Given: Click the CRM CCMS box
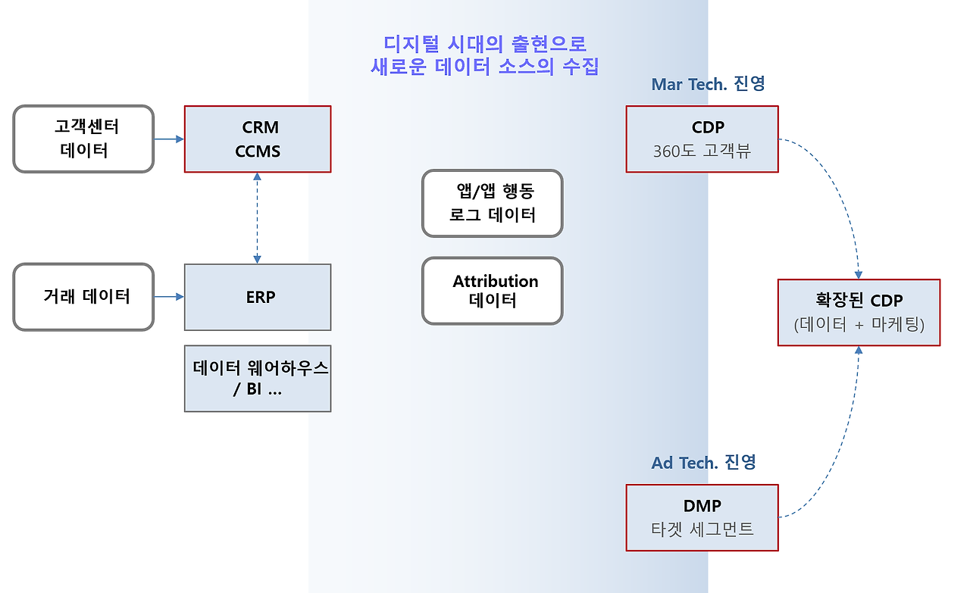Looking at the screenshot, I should coord(258,139).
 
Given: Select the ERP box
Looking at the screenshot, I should coord(258,297).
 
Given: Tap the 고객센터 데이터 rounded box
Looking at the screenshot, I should coord(83,139).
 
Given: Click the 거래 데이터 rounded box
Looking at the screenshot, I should coord(83,297).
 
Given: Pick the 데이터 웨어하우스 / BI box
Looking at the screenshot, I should coord(258,379).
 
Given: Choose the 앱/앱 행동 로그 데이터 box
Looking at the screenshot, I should coord(493,204).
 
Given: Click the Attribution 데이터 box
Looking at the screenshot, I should coord(493,291).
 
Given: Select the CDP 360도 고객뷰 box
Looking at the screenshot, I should coord(702,139).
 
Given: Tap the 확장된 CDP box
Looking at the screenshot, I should coord(859,312).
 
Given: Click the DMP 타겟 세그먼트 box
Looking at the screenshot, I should coord(702,517).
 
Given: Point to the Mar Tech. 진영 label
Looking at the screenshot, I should coord(708,84).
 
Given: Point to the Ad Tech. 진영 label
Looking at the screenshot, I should coord(703,462).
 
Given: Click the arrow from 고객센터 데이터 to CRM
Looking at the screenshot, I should coord(169,139).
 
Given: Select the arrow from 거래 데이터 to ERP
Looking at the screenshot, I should coord(169,297).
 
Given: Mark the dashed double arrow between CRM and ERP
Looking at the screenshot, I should coord(258,218).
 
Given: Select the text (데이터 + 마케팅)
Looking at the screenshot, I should coord(859,325).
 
